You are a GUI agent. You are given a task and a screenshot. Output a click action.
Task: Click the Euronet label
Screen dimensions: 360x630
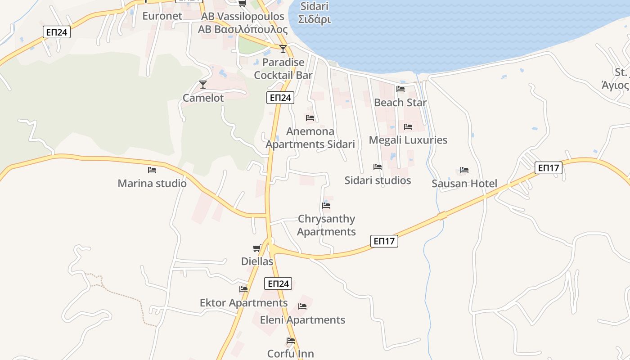162,16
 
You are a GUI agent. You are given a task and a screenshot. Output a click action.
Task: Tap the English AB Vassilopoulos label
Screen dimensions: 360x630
243,17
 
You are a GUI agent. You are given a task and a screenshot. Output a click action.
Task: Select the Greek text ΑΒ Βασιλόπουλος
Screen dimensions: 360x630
243,30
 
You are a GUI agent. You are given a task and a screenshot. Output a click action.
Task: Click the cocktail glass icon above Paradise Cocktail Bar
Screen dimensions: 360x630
283,49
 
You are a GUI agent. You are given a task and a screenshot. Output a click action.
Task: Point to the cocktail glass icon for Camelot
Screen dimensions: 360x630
203,84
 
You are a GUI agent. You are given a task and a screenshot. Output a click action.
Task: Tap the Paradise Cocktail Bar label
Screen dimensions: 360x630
283,68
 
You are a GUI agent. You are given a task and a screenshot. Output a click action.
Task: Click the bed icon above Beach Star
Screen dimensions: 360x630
400,89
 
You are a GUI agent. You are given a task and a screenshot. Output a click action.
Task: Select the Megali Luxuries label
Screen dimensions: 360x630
408,140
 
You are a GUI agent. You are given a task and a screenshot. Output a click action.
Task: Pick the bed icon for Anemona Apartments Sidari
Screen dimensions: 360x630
310,118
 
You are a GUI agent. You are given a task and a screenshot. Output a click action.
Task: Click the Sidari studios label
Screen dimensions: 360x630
378,180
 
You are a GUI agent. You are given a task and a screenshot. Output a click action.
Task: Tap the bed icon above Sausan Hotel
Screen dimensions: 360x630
464,170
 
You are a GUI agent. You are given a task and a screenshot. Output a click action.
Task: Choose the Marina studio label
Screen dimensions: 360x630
152,184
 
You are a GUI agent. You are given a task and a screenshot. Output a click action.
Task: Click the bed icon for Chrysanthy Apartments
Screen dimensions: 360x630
326,206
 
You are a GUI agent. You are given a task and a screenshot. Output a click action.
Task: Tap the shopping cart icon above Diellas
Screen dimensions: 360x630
257,248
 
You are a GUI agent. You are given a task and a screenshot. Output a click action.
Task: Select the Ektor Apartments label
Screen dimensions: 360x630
243,303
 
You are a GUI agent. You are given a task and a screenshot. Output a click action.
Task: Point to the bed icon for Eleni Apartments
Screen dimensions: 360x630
302,306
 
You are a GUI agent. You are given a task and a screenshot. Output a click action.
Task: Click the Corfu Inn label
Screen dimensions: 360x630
290,354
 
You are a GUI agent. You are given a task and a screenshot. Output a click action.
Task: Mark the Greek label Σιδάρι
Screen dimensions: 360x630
315,20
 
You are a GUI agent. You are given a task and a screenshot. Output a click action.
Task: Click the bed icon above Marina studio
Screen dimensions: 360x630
152,170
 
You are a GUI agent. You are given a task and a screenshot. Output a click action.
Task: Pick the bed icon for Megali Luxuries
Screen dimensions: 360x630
408,127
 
